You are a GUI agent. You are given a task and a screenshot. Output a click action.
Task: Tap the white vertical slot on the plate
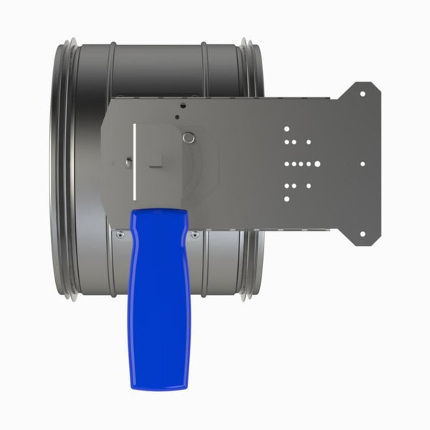point(134,161)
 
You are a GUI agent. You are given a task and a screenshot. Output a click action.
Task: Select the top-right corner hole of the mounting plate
point(362,94)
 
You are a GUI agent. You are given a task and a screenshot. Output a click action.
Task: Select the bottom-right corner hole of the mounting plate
point(362,234)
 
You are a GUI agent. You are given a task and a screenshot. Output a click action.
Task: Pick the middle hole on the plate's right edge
point(363,163)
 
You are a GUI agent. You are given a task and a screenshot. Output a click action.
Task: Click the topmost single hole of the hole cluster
point(287,130)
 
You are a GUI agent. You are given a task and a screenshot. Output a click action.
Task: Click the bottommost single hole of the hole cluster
point(287,199)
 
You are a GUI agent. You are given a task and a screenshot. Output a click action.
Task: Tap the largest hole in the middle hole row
point(316,164)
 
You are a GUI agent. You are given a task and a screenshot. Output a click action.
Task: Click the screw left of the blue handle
point(120,234)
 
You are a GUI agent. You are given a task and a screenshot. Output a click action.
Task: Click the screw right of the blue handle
point(196,234)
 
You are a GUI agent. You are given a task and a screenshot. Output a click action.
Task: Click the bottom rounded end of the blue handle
point(160,383)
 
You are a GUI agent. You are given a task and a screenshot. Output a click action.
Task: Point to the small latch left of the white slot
point(127,161)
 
